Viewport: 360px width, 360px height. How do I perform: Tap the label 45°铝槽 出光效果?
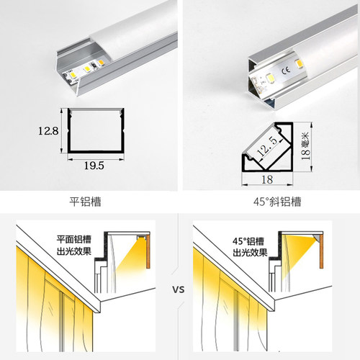pos(248,248)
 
